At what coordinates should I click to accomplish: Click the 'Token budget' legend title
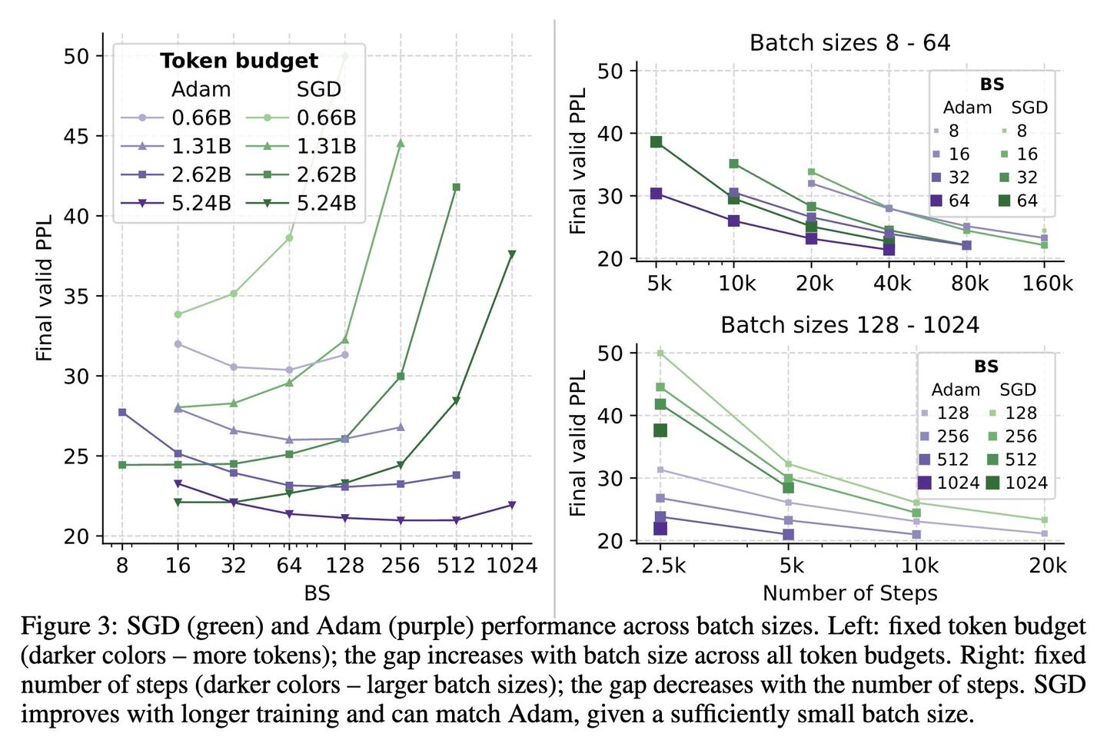click(238, 61)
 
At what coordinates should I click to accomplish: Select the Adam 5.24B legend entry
click(177, 203)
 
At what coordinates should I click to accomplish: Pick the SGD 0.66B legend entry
click(302, 118)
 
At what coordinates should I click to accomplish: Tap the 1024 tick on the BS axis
click(512, 566)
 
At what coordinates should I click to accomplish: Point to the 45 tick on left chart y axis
click(78, 136)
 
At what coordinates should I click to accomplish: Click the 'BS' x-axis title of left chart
click(317, 592)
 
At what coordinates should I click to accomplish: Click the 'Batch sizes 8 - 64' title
click(849, 42)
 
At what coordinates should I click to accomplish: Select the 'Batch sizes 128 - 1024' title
click(849, 325)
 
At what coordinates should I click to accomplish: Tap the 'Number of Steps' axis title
click(849, 593)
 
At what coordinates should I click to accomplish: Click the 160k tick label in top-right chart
click(1045, 284)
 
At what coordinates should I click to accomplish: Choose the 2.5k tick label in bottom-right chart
click(663, 566)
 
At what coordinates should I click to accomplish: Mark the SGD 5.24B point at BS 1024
click(512, 254)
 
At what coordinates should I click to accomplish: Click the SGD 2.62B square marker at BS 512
click(456, 187)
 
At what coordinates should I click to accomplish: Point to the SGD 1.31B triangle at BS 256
click(400, 143)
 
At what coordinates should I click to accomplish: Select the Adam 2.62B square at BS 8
click(122, 413)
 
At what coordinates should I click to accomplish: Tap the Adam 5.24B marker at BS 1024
click(512, 505)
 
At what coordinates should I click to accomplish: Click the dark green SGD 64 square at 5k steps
click(657, 141)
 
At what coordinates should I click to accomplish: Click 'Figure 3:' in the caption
click(68, 626)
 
